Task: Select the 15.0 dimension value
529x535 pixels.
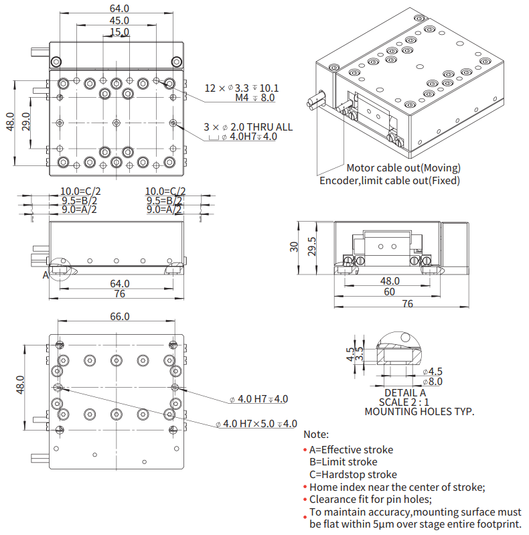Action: (x=119, y=31)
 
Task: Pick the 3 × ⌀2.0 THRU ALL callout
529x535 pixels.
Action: (x=248, y=127)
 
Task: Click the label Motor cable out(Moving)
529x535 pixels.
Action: (x=403, y=167)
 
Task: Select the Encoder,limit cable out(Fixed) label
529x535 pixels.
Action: (x=390, y=180)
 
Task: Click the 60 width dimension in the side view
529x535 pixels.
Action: (x=389, y=292)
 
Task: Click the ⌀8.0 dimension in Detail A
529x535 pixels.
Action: (x=432, y=381)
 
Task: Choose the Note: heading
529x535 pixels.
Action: (x=316, y=435)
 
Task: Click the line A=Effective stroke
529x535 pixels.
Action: (x=351, y=449)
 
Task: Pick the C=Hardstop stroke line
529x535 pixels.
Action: (x=353, y=475)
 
